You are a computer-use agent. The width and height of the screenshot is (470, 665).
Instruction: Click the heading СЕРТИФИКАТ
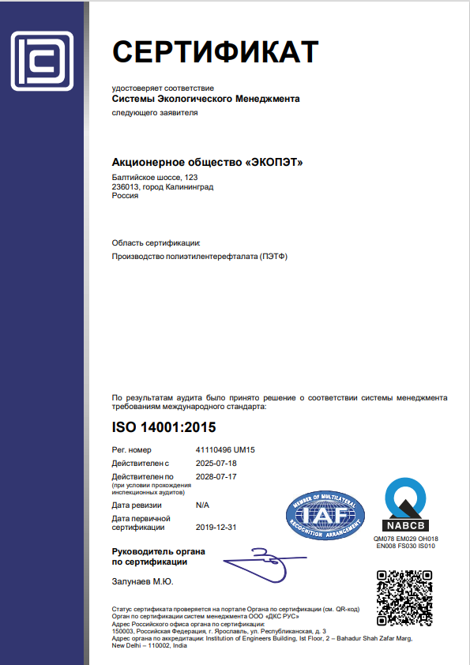point(215,52)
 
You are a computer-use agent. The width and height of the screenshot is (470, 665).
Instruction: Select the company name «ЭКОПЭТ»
point(273,163)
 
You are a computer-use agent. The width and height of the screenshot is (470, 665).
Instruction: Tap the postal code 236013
point(126,186)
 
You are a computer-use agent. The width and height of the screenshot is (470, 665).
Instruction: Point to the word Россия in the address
point(126,196)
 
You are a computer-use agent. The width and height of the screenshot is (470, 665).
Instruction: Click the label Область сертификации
point(156,242)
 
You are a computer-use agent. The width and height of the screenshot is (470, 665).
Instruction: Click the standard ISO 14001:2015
point(164,428)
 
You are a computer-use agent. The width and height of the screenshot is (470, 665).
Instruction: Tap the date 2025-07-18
point(216,463)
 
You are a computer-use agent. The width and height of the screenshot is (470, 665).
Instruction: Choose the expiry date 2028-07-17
point(216,477)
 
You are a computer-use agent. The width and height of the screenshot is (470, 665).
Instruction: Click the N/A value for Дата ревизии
point(203,504)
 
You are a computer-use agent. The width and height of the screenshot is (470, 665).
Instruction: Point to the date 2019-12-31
point(216,527)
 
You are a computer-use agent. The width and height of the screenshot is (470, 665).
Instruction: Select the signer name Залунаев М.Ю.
point(143,582)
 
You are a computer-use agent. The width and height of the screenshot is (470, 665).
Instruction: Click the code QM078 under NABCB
point(384,539)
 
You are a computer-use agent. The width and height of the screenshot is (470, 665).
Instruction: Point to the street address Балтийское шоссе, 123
point(154,178)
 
